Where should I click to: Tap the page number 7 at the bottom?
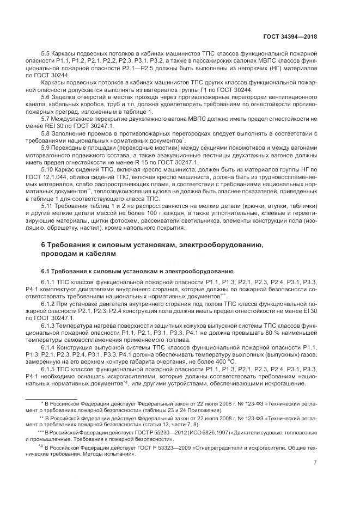click(315, 462)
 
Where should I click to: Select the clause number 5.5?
click(46, 54)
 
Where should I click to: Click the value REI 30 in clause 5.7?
click(57, 125)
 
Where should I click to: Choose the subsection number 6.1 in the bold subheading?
click(46, 270)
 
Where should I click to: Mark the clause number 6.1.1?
click(48, 281)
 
